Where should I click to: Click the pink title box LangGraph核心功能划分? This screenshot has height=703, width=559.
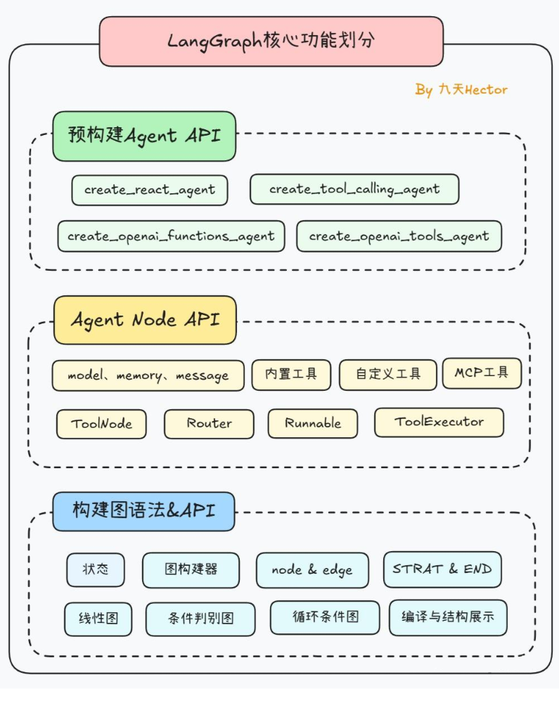tap(271, 41)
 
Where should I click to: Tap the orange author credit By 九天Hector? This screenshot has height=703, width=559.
tap(461, 90)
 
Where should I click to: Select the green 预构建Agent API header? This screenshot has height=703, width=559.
tap(144, 136)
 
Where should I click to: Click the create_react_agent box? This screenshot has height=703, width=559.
tap(150, 190)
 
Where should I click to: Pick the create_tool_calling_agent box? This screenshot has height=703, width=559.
tap(354, 189)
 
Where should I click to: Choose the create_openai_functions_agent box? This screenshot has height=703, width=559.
tap(171, 236)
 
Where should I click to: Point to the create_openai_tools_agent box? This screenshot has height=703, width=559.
tap(399, 236)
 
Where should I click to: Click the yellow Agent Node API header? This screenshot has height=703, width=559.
tap(145, 320)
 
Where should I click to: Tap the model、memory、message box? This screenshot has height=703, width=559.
tap(148, 375)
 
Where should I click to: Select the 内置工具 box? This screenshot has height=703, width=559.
tap(291, 374)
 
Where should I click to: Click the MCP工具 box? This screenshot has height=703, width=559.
tap(482, 373)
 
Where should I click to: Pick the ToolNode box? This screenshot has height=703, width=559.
tap(101, 424)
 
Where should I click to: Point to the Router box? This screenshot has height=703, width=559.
tap(209, 424)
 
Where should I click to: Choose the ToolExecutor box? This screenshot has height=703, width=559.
tap(439, 422)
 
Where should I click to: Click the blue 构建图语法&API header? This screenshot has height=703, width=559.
tap(143, 511)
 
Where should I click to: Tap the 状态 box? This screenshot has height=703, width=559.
tap(96, 569)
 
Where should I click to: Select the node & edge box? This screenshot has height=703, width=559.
tap(311, 570)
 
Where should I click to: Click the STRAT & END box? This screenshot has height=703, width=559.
tap(442, 569)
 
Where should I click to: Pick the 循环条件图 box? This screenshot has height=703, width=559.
tap(325, 617)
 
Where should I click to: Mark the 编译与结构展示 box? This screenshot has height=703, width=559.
tap(448, 617)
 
